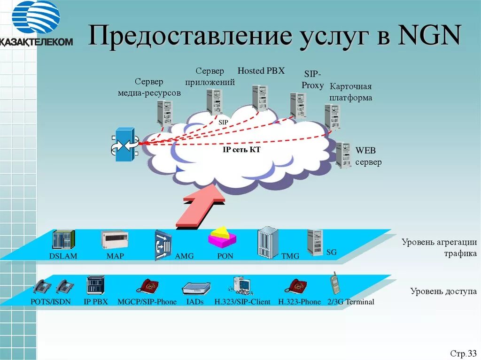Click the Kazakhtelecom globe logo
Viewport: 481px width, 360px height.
(x=36, y=17)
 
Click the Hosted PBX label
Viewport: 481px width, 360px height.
(x=261, y=71)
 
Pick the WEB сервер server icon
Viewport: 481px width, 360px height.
(x=343, y=154)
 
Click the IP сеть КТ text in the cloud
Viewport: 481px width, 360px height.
(x=241, y=150)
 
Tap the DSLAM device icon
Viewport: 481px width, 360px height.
(x=63, y=241)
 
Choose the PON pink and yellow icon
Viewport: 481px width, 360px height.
(x=222, y=237)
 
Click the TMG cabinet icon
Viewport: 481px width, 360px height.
(x=268, y=242)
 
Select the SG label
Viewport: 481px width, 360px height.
(x=332, y=252)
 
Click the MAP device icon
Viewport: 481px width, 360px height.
(x=115, y=240)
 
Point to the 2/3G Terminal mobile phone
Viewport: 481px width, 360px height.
(x=335, y=283)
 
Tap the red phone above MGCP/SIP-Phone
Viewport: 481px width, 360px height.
(x=147, y=286)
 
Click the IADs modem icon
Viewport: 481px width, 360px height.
(x=196, y=288)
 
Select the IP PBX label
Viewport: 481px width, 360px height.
(x=96, y=302)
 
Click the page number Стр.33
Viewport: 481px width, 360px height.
(x=463, y=353)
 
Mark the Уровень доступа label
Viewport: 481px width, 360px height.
(x=443, y=291)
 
